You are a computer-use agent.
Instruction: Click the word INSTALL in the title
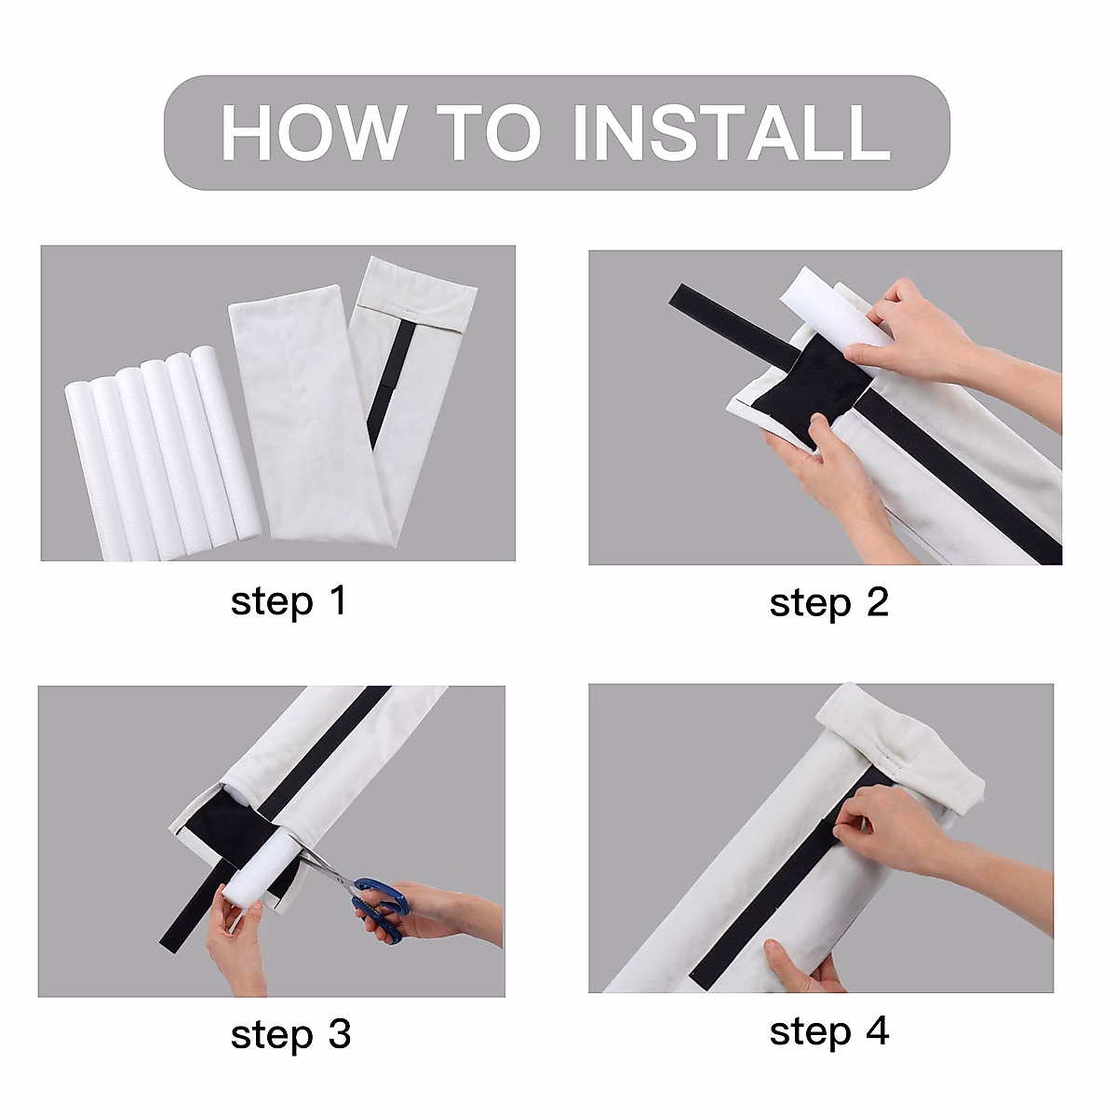click(x=732, y=133)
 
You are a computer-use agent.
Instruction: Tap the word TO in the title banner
click(x=489, y=133)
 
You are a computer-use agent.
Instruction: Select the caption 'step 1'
click(x=289, y=601)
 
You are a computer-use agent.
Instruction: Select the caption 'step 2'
click(x=828, y=603)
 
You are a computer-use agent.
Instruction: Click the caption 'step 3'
click(x=290, y=1034)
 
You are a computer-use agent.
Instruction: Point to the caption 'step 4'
click(x=828, y=1031)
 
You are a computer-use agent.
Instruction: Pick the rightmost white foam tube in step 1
click(x=223, y=442)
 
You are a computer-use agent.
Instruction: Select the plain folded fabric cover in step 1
click(x=289, y=410)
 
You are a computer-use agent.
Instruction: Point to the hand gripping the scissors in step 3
click(x=437, y=912)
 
